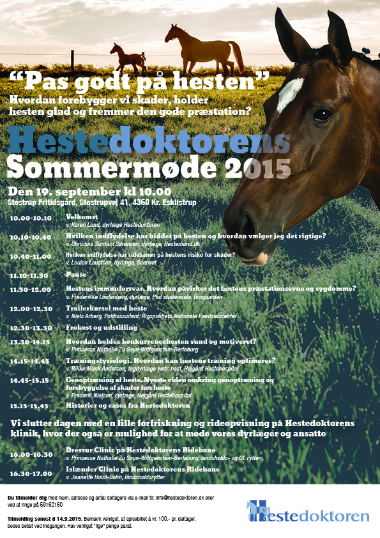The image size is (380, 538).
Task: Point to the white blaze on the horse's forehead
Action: point(290,93)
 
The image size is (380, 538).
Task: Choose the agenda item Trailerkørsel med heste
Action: point(107,308)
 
